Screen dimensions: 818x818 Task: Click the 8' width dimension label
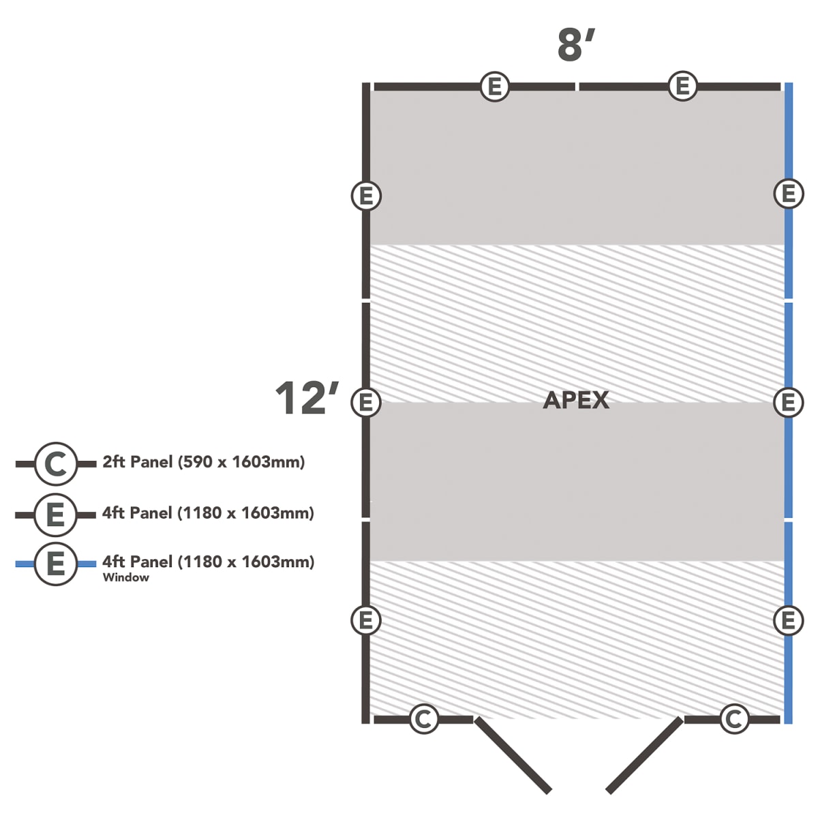[x=576, y=46]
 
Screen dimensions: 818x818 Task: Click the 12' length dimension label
[x=307, y=397]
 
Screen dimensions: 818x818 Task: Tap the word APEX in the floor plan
[x=576, y=400]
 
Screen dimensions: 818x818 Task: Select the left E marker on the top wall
[x=495, y=87]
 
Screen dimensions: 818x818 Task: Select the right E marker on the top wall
[x=682, y=86]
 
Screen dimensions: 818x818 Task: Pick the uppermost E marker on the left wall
[x=366, y=196]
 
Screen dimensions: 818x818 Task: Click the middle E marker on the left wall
[x=366, y=402]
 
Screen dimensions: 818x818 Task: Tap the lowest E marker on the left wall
[x=366, y=620]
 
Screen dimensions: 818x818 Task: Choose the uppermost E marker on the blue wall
[x=788, y=194]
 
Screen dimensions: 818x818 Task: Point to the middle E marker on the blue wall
[x=788, y=402]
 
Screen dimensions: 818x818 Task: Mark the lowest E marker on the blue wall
[x=788, y=620]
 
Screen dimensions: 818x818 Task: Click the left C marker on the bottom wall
[x=424, y=718]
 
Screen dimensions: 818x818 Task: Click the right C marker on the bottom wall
[x=734, y=718]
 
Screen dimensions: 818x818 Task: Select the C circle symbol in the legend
[x=56, y=464]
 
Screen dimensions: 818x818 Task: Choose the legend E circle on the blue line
[x=56, y=564]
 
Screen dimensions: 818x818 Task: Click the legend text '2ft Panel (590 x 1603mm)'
[x=204, y=462]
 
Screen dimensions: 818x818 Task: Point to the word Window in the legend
[x=125, y=577]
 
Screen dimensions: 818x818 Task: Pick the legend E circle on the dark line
[x=56, y=515]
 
